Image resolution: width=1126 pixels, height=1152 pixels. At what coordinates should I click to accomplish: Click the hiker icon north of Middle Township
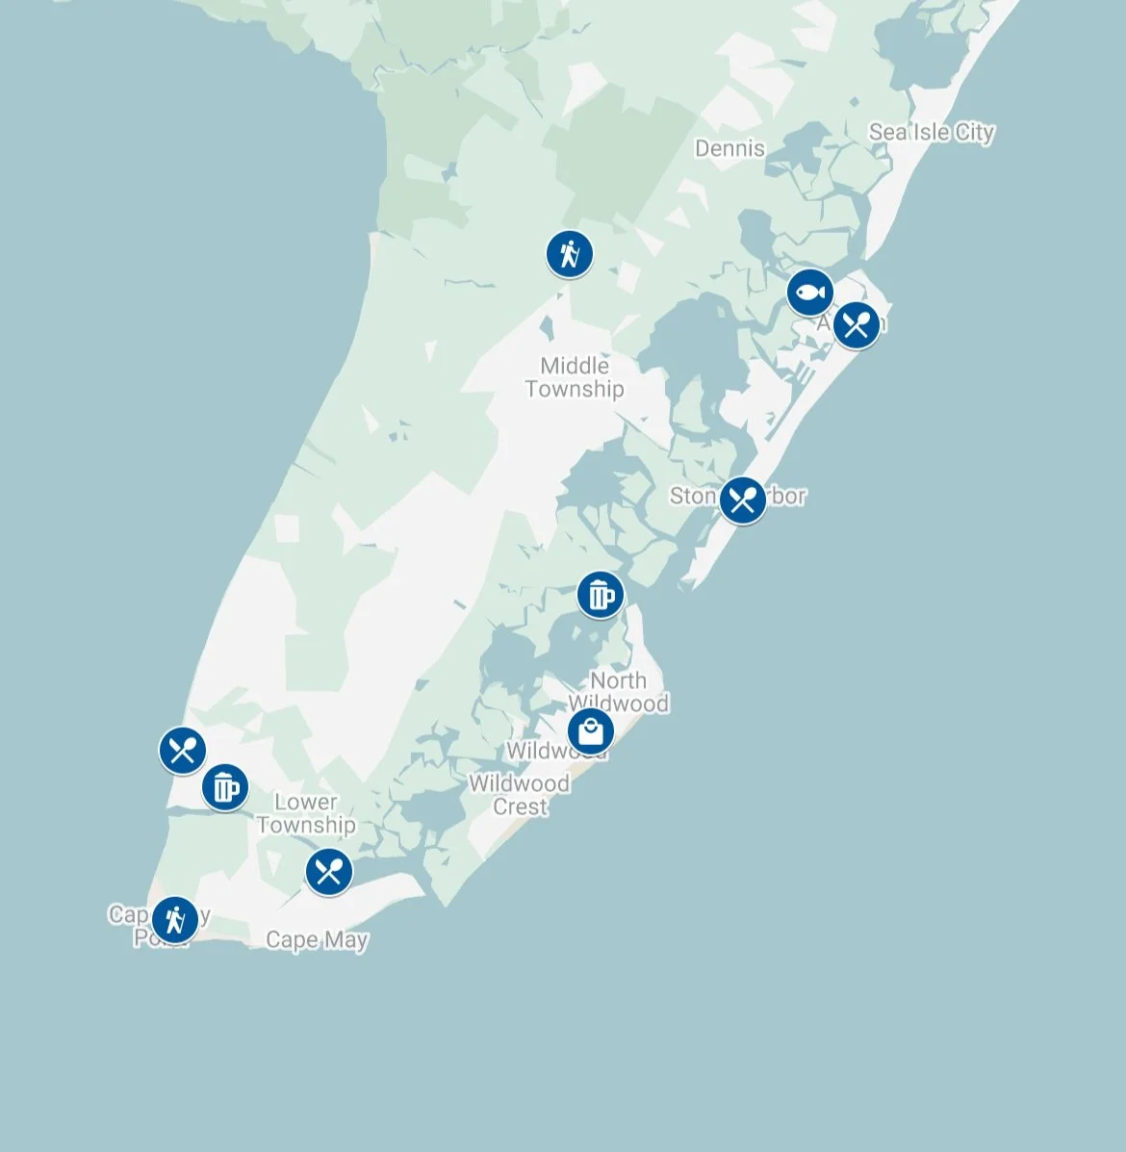(569, 254)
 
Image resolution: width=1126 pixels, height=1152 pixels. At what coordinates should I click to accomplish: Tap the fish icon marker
(809, 292)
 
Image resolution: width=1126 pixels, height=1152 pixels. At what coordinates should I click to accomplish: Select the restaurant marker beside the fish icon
(856, 324)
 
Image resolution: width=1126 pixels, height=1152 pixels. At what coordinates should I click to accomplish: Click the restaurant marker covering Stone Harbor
(742, 499)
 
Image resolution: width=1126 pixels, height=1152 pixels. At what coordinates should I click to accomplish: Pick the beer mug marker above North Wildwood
(600, 595)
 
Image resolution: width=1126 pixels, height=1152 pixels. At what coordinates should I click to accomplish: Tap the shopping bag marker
(590, 732)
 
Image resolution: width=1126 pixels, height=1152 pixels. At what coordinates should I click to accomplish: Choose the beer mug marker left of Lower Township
(224, 787)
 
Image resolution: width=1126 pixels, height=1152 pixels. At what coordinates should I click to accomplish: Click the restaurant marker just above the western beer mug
(182, 750)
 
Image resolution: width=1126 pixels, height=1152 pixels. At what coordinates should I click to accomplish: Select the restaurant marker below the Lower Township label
(328, 872)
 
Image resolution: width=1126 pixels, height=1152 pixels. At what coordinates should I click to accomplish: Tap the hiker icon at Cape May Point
(174, 918)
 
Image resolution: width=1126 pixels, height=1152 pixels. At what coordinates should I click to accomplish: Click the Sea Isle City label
(931, 133)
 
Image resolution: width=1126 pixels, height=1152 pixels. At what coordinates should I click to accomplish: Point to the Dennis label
(729, 149)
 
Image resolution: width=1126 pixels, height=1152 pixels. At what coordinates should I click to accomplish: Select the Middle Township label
(575, 377)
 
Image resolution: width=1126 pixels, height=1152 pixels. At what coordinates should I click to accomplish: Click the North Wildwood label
(618, 692)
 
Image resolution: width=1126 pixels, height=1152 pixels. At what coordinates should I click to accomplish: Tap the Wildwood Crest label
(520, 795)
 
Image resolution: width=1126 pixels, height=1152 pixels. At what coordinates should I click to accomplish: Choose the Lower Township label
(306, 813)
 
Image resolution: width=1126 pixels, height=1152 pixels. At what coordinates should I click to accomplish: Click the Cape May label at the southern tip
(317, 939)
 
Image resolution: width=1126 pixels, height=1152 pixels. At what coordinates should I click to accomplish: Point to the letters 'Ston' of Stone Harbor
(692, 497)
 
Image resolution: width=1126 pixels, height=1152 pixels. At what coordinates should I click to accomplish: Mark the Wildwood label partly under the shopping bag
(535, 752)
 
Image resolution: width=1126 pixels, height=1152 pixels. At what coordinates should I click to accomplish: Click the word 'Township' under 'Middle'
(575, 390)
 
